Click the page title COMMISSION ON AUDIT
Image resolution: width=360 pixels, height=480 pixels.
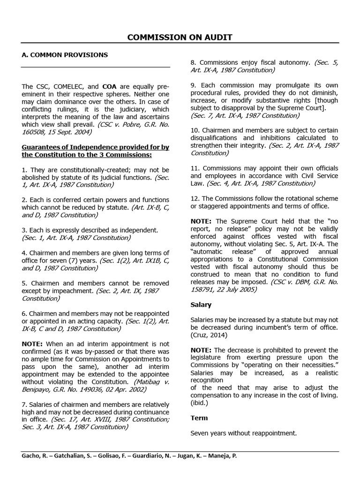180,37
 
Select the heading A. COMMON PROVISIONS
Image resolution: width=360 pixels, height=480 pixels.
65,55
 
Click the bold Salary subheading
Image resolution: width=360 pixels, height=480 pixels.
201,305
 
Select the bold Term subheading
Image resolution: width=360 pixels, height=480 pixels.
199,418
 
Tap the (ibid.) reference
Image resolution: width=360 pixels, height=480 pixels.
200,403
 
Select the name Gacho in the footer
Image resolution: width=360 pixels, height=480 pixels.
30,455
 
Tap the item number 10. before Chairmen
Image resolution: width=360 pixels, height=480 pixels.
195,130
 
